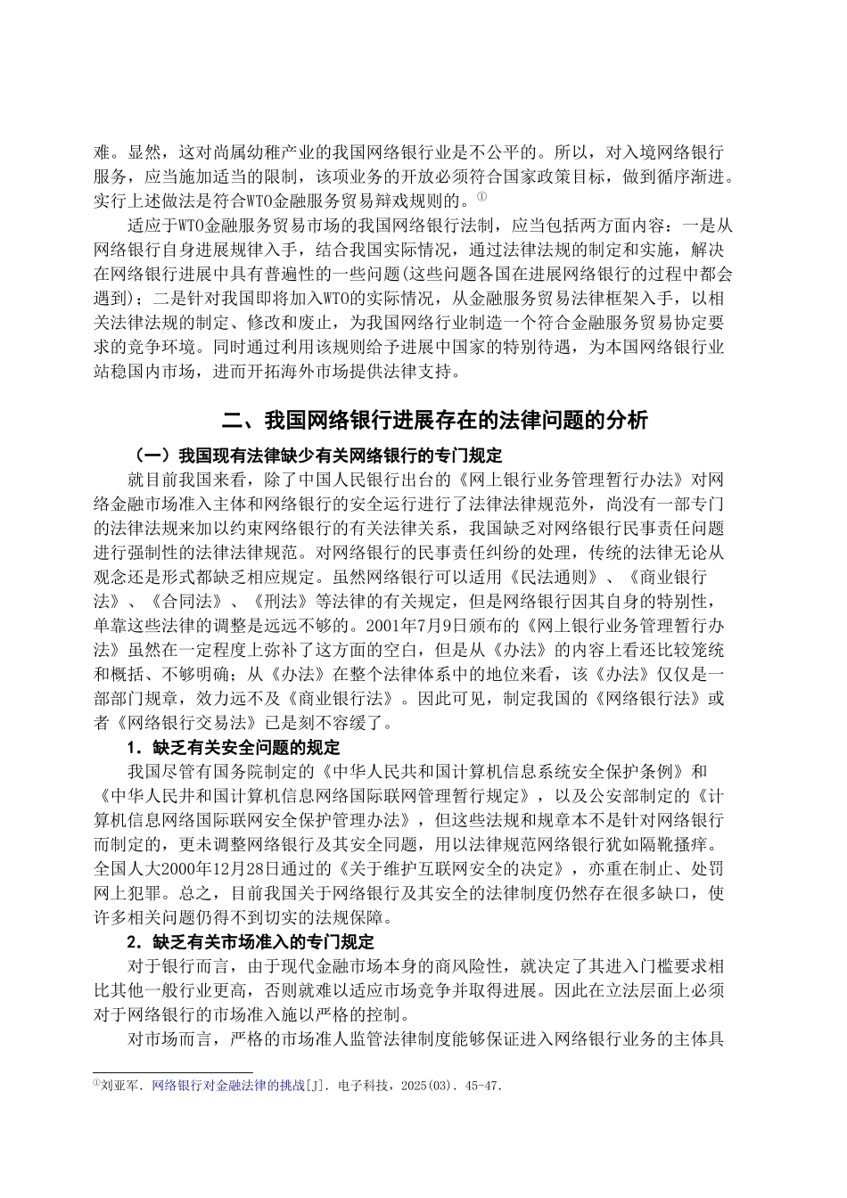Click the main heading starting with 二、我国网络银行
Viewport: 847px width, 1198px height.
tap(423, 420)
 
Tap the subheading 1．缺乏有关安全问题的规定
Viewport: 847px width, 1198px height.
tap(232, 746)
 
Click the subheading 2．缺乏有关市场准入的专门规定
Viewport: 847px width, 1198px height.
tap(249, 941)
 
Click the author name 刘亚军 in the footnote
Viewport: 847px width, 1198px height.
tap(122, 1086)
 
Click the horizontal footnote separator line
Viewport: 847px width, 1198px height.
tap(172, 1072)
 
